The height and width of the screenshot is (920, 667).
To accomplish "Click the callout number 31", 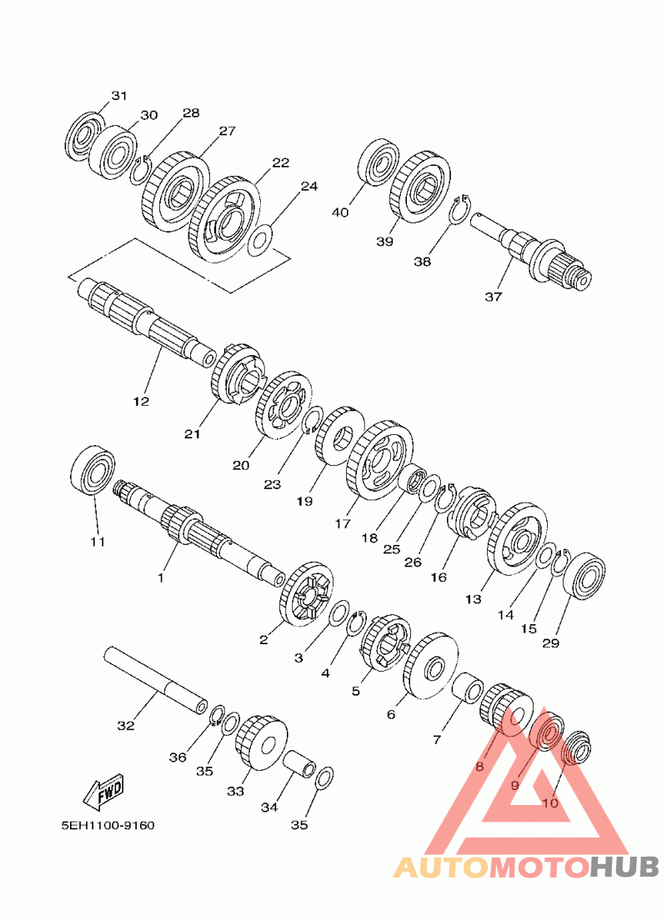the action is (119, 95).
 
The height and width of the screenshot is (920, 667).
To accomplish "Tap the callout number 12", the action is (141, 402).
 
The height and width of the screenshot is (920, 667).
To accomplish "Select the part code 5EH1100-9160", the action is (108, 826).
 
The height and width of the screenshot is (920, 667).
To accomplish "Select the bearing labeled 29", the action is (584, 576).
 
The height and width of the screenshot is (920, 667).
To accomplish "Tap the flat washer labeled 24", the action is (259, 241).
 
